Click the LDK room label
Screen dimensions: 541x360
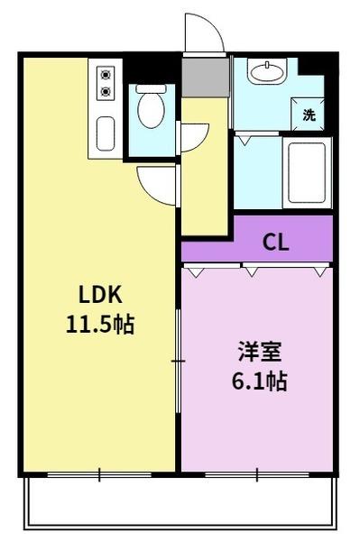click(99, 295)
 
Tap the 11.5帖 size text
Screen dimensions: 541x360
click(99, 324)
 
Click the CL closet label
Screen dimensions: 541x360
click(275, 243)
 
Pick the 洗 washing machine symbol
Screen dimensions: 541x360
click(309, 115)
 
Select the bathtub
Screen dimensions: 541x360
click(306, 171)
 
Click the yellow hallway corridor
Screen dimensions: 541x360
click(206, 171)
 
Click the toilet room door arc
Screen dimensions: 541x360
click(190, 136)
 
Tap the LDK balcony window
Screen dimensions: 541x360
click(99, 472)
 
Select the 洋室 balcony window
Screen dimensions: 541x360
click(257, 472)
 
